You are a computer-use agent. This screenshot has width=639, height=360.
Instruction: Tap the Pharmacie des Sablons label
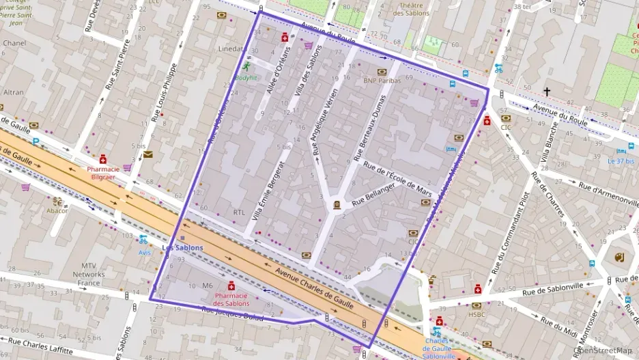[231, 299]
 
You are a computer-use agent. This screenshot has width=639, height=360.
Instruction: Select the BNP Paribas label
[380, 80]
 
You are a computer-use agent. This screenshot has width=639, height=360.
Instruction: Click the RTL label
[239, 212]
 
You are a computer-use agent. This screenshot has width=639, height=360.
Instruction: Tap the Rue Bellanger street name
[374, 195]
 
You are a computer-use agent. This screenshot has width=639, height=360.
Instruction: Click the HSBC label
[476, 315]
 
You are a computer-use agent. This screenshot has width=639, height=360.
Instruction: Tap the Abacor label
[57, 210]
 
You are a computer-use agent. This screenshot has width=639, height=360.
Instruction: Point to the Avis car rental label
[144, 252]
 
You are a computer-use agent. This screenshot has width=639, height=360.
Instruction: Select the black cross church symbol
[546, 91]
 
